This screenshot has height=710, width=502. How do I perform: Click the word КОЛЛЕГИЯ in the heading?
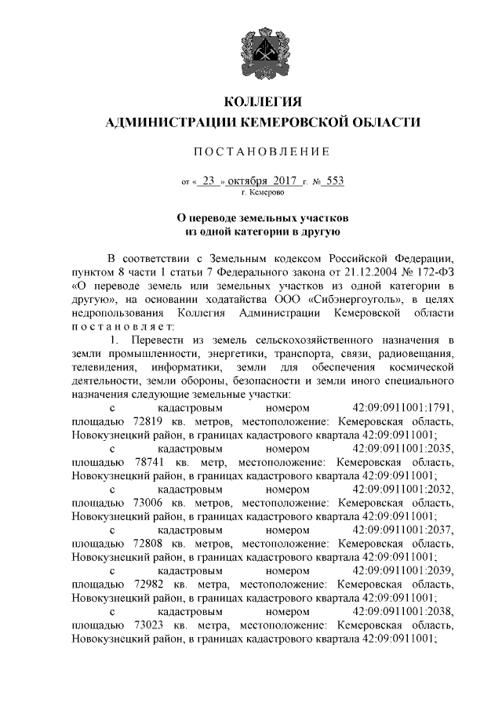263,102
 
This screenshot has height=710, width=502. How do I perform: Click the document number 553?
334,180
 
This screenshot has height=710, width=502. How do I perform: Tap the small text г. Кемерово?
263,191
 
